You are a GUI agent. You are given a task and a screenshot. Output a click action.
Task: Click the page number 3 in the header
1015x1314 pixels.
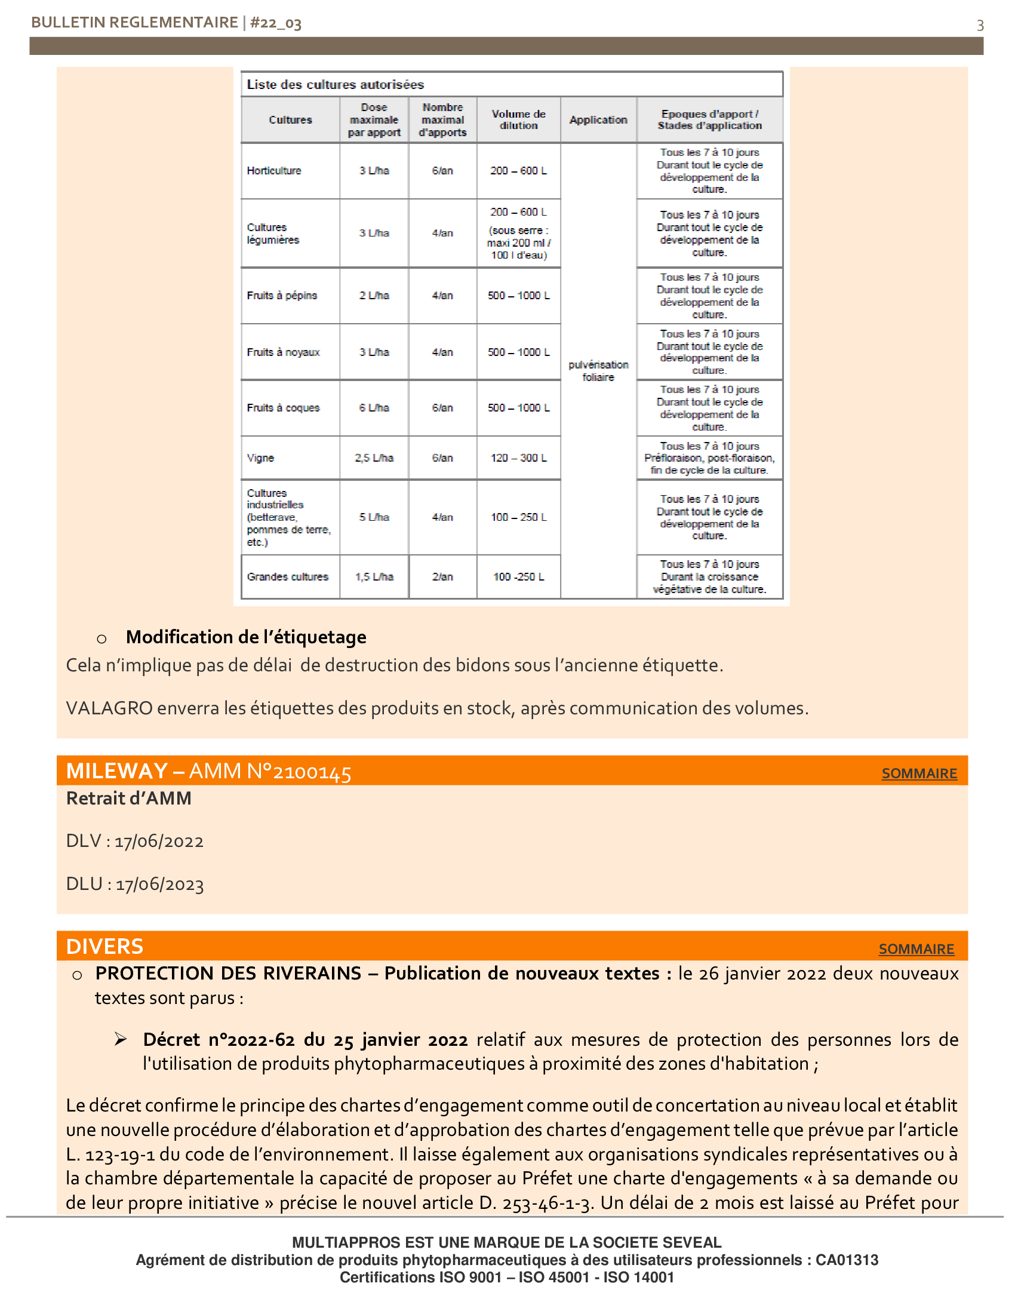tap(980, 25)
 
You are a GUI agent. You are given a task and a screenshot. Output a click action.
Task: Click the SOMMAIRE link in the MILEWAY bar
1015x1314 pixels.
tap(919, 773)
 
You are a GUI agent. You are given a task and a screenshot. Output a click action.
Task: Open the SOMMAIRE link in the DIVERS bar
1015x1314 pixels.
tap(916, 949)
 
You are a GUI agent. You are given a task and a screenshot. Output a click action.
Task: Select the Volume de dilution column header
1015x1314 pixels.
tap(518, 119)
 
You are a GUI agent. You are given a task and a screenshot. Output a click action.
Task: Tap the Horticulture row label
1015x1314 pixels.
tap(274, 171)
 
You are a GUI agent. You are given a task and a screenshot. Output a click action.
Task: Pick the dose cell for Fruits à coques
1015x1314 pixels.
tap(374, 408)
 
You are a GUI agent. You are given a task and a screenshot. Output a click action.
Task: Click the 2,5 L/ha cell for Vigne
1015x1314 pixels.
tap(374, 458)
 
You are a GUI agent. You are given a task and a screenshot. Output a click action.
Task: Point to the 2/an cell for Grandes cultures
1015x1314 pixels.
tap(442, 576)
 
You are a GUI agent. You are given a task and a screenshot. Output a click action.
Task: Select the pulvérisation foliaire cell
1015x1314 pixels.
tap(598, 371)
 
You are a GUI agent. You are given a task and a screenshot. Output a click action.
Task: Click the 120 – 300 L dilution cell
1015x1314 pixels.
tap(518, 458)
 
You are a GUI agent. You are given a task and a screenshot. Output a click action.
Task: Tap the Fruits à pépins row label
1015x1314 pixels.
tap(281, 296)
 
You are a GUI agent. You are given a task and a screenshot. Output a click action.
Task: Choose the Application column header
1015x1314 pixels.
tap(598, 119)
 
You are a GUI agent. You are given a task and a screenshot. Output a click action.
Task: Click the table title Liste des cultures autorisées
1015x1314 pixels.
tap(335, 85)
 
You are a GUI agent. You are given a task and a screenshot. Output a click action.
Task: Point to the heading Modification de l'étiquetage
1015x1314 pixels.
tap(246, 637)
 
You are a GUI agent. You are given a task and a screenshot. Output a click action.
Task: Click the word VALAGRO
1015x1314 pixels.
tap(109, 708)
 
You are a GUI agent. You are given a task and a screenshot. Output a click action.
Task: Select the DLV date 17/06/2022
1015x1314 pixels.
tap(159, 841)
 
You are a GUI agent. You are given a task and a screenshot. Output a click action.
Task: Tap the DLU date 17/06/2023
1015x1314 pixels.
tap(160, 885)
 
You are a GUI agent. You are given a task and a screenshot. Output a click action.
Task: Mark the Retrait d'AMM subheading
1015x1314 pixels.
tap(129, 799)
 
